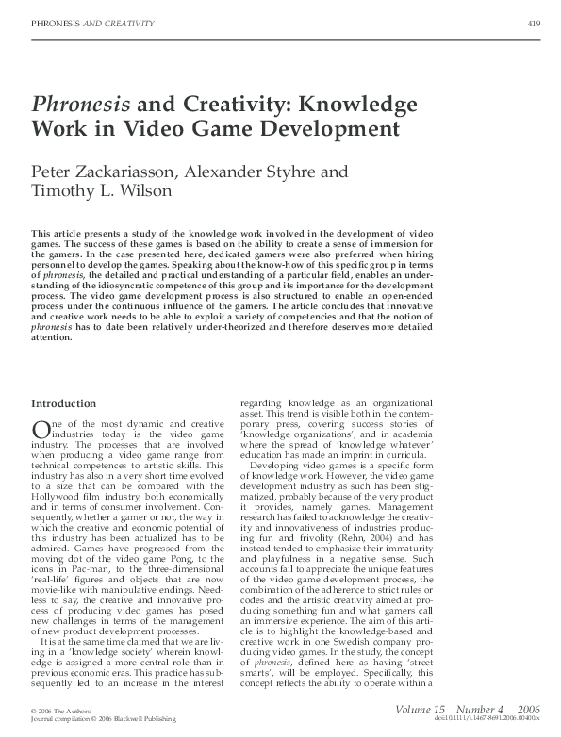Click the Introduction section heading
tap(67, 405)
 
